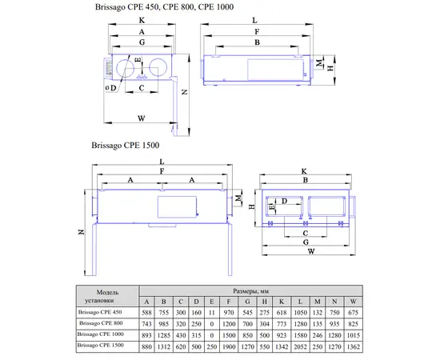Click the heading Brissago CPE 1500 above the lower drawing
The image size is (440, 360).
coord(125,146)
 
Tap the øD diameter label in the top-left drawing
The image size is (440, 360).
coord(111,88)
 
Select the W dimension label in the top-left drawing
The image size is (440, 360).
coord(141,118)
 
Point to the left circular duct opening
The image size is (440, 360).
coord(124,68)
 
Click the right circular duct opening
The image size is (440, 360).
coord(158,67)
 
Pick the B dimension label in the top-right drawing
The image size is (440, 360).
coord(257,42)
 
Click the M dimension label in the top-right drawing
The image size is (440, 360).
coord(319,63)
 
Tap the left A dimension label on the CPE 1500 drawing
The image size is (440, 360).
coord(130,180)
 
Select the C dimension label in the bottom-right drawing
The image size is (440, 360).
coord(306,233)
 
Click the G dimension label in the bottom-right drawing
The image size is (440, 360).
coord(306,242)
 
